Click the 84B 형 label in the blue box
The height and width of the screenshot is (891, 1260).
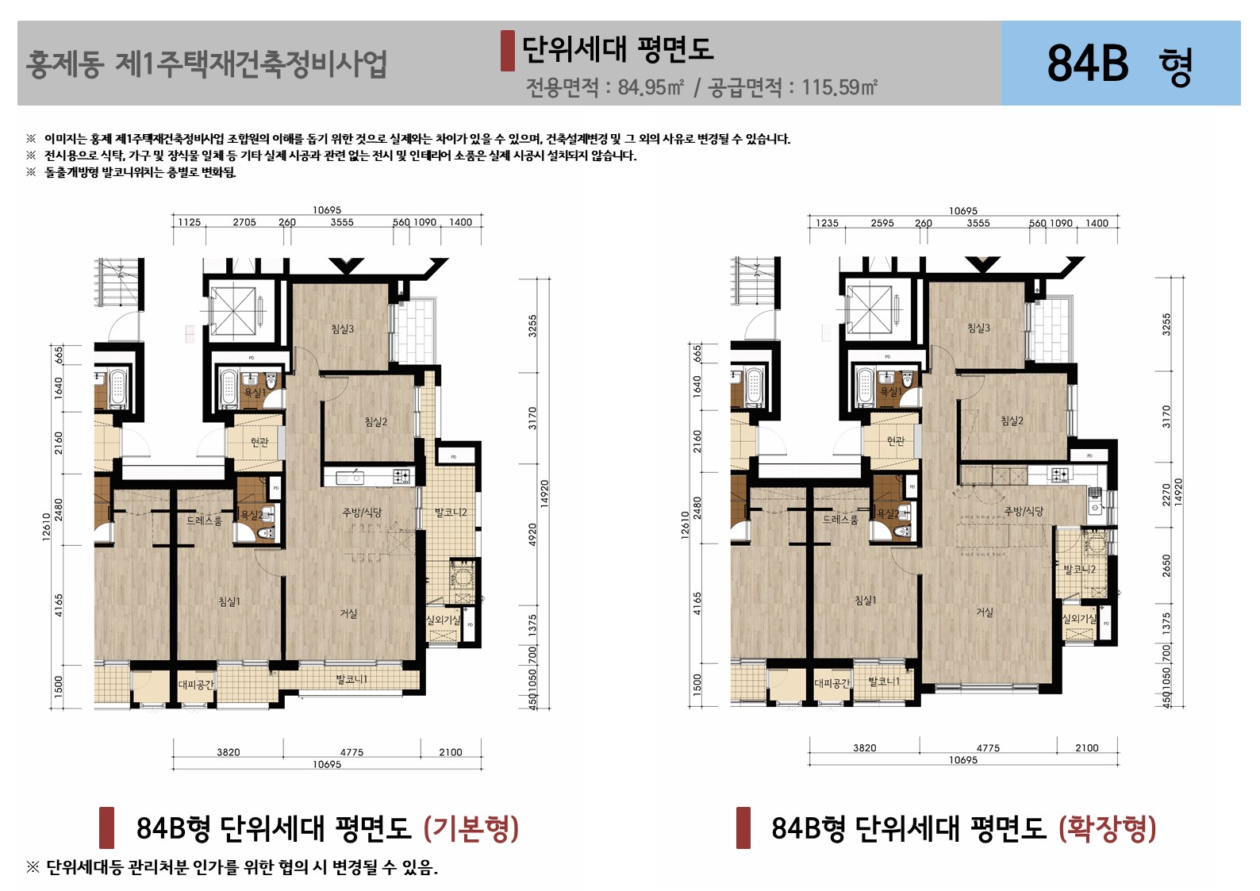(x=1120, y=63)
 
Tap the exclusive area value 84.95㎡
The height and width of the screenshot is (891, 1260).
(x=651, y=87)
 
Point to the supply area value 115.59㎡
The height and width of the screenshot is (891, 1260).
(x=839, y=87)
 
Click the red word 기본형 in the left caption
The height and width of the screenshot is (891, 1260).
(x=471, y=828)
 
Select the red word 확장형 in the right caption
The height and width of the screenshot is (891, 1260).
(x=1108, y=828)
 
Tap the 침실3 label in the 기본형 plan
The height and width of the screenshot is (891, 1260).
(x=343, y=328)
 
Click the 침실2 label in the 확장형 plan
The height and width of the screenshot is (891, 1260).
(x=1012, y=421)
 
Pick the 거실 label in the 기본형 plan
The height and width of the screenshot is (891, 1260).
(x=349, y=613)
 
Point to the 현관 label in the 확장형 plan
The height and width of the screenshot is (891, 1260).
(x=896, y=441)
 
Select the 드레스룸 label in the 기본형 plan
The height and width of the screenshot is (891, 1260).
(x=204, y=520)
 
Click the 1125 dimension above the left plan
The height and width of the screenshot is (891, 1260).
(x=190, y=222)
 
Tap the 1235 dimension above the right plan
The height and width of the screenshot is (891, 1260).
(x=827, y=223)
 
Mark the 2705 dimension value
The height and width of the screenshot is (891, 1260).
(x=244, y=222)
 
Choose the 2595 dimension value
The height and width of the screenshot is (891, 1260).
(x=882, y=223)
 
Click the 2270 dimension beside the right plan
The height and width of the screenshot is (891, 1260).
(x=1166, y=494)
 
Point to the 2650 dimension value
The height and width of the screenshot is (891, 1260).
(x=1166, y=566)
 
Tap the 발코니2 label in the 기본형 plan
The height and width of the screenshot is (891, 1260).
(x=451, y=513)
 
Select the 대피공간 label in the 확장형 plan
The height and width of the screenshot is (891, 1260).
(x=832, y=682)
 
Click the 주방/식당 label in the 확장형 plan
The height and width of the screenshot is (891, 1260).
(x=1024, y=511)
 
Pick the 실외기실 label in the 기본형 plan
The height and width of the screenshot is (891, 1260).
(x=443, y=620)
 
